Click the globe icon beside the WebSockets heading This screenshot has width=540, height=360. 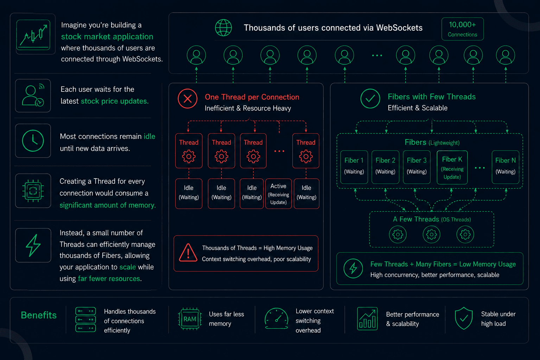coord(223,28)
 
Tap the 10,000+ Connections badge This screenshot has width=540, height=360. coord(462,29)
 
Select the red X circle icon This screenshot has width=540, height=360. coord(188,98)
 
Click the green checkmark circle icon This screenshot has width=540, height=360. coord(370,98)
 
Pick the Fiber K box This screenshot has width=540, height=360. coord(452,167)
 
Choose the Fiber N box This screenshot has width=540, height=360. coord(505,167)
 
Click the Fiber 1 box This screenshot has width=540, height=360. coord(354,167)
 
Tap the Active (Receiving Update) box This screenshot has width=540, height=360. coord(278,193)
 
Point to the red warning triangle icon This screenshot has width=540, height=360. coord(188,252)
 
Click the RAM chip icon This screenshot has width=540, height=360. coord(190,319)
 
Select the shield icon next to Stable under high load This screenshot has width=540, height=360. coord(463,318)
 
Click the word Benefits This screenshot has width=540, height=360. coord(39,315)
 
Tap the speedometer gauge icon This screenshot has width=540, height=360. coord(276,318)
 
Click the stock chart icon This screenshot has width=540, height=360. coord(33,35)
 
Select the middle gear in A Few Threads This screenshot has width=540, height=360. coord(431,234)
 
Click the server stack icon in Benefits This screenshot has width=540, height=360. coord(85,320)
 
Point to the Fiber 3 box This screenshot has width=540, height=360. coord(417,167)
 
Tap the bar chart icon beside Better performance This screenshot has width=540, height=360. coord(367,319)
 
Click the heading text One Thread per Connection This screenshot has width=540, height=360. coord(252,97)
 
